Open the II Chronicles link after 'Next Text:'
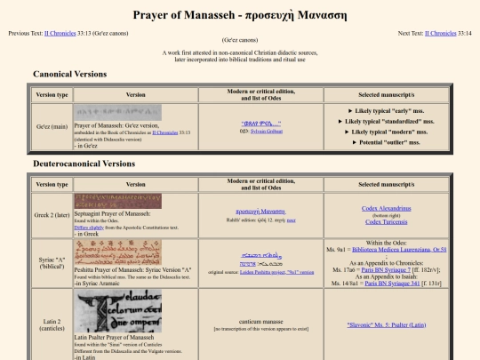(435, 33)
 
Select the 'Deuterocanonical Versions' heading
(84, 164)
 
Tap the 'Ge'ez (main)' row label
(50, 126)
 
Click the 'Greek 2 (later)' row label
(50, 213)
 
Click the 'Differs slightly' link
(92, 226)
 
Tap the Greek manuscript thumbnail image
(117, 201)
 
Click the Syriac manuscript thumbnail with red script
(117, 252)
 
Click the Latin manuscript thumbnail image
(117, 313)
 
